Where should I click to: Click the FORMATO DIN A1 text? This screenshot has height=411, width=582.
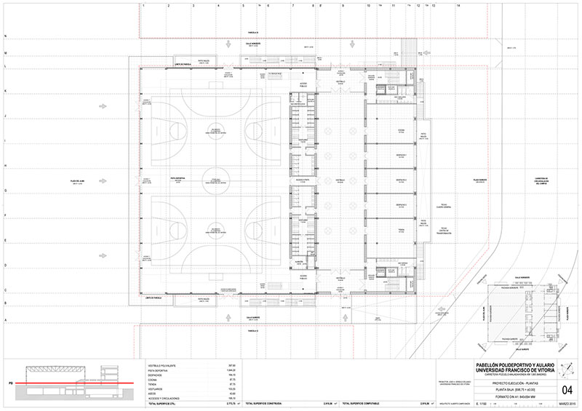(502, 396)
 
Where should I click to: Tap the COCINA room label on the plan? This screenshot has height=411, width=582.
(399, 132)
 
